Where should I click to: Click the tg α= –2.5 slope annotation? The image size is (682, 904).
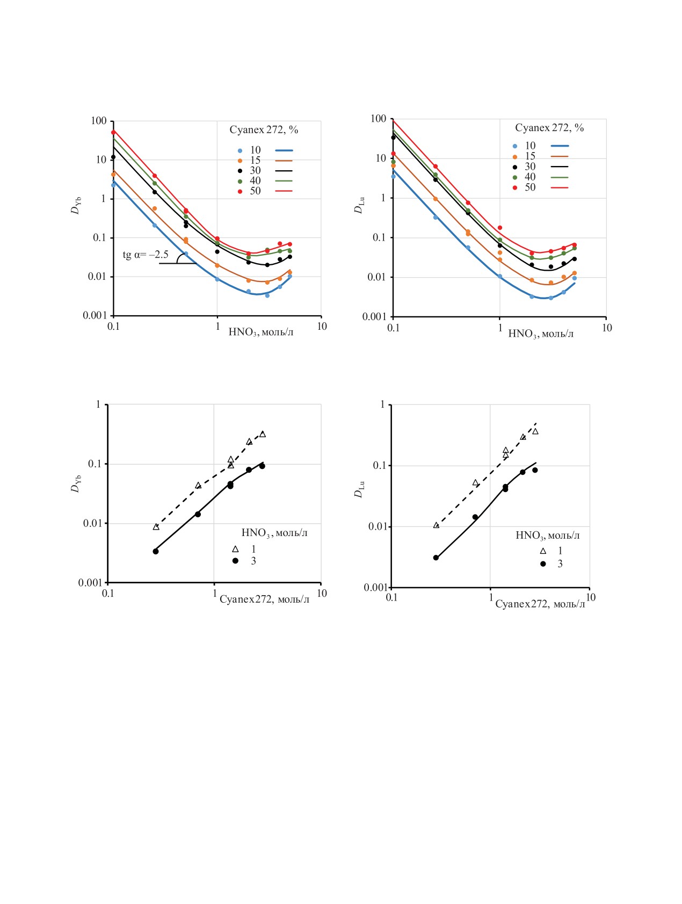[146, 255]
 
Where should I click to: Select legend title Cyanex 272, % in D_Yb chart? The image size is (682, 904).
[264, 130]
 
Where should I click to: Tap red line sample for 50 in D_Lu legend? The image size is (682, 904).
[560, 187]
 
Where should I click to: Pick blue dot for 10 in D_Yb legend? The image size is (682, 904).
[240, 150]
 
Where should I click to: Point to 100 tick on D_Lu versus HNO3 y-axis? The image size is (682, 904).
[379, 119]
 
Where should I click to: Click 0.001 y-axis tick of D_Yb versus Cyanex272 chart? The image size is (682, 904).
[90, 583]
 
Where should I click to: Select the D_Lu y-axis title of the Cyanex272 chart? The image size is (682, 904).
[359, 489]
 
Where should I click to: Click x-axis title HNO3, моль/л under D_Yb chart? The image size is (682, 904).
[261, 332]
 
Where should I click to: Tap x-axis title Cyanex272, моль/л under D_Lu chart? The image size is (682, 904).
[540, 604]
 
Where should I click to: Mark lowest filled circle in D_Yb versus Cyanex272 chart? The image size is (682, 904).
[156, 552]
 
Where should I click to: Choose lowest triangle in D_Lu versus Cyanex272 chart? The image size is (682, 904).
[436, 525]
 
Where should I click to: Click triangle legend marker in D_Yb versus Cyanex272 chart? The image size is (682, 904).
[235, 549]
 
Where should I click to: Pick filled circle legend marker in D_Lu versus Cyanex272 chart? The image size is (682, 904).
[543, 564]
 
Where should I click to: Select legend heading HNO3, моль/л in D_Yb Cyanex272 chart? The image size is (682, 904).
[274, 533]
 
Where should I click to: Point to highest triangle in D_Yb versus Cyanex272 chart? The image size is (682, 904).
[263, 434]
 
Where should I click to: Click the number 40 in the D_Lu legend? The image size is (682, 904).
[530, 177]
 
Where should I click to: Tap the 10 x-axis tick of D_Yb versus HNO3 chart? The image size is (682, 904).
[322, 327]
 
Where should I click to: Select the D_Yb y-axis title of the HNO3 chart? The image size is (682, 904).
[76, 206]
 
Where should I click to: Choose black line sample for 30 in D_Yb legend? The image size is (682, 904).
[284, 171]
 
